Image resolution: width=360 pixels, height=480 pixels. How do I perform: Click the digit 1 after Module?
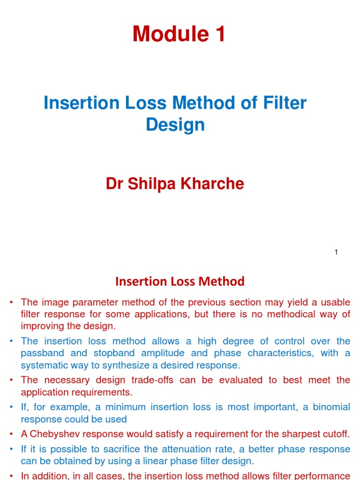[x=219, y=34]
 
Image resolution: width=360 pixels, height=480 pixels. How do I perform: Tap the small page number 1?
[x=336, y=252]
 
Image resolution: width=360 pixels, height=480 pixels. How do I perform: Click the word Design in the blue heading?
[x=175, y=125]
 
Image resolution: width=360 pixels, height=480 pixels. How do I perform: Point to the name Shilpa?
[x=150, y=184]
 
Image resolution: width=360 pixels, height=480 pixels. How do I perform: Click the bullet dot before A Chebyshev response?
[x=11, y=434]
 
